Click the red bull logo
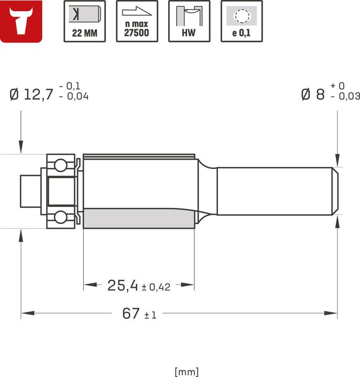tap(21, 21)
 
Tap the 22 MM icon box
tap(84, 21)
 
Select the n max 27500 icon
tap(137, 21)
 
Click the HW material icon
tap(189, 21)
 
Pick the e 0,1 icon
tap(242, 21)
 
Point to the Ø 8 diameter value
tap(313, 95)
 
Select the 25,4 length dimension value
tap(122, 285)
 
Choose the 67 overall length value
tap(130, 314)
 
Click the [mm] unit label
tap(187, 371)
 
